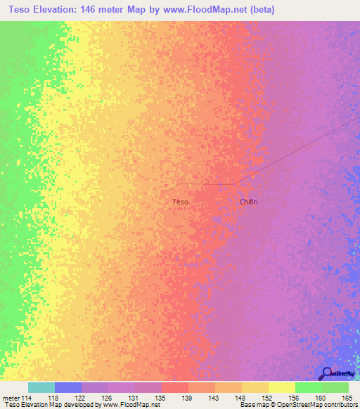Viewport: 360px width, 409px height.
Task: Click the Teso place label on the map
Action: click(x=180, y=202)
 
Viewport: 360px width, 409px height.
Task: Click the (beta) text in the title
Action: click(x=259, y=10)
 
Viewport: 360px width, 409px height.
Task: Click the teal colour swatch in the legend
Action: click(x=41, y=387)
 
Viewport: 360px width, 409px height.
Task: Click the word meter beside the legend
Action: click(x=10, y=398)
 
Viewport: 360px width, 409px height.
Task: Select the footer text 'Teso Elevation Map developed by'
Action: click(x=49, y=405)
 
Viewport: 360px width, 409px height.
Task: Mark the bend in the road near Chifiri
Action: click(x=234, y=184)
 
